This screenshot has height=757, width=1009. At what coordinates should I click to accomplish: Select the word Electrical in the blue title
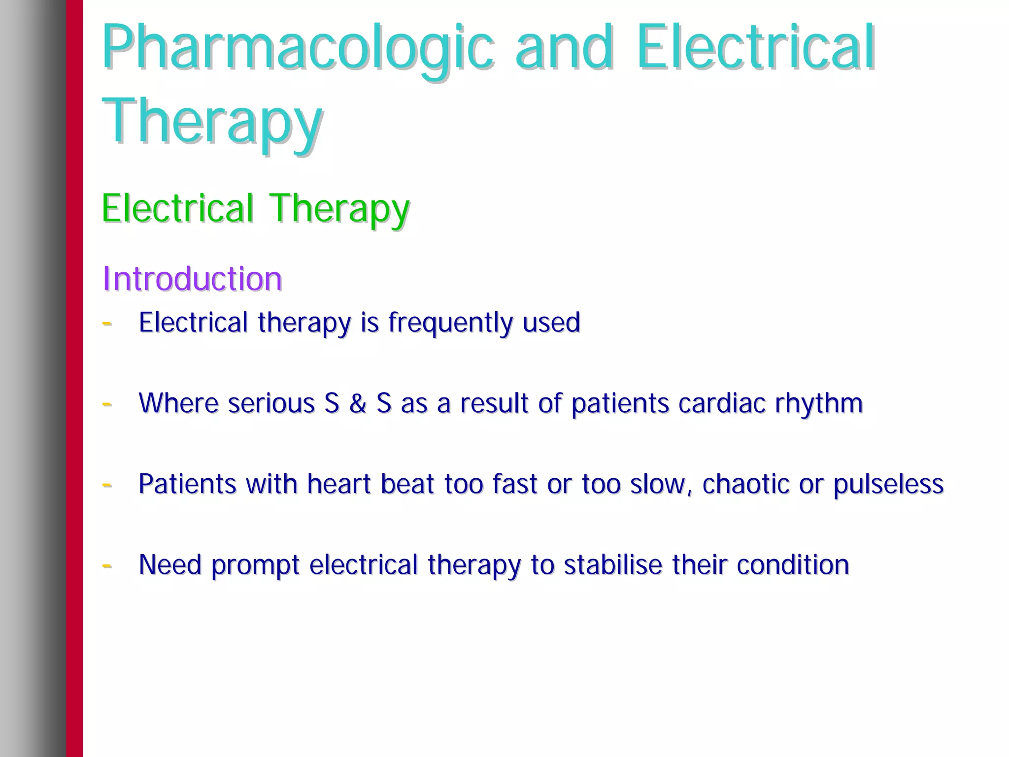(x=755, y=47)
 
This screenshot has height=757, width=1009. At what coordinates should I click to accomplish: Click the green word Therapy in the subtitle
(x=339, y=209)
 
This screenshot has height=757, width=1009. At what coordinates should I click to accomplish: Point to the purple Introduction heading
(x=192, y=279)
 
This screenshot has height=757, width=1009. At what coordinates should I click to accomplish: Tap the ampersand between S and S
(x=358, y=403)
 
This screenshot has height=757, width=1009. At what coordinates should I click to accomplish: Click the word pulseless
(x=888, y=484)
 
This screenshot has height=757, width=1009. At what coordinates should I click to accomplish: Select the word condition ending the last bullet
(x=793, y=564)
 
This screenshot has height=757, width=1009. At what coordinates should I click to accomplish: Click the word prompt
(x=255, y=565)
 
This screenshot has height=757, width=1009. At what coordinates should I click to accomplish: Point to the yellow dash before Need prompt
(x=107, y=565)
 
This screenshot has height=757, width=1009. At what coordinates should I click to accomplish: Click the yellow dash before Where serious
(x=107, y=404)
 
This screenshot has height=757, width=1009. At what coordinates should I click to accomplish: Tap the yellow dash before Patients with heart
(x=107, y=485)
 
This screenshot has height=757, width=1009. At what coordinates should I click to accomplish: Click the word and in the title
(x=565, y=47)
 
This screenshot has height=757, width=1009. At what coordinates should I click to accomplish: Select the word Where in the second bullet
(x=178, y=403)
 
